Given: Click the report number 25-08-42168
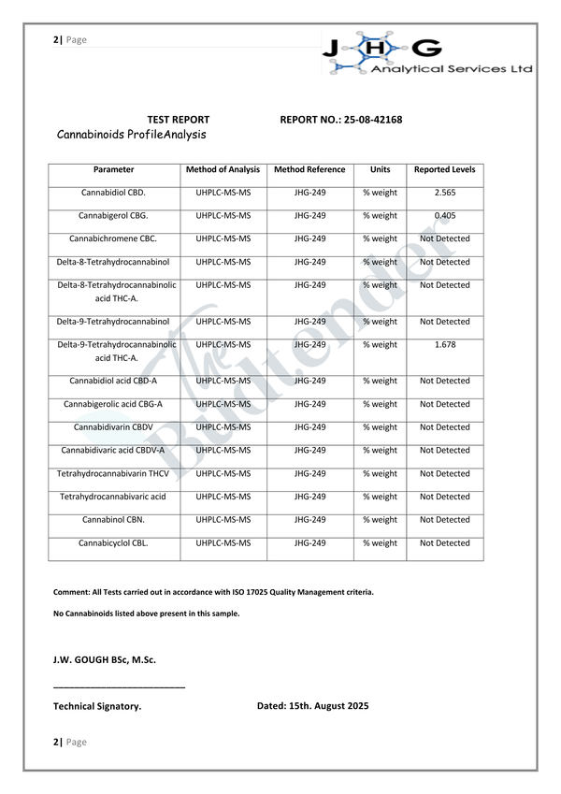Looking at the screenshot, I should (x=373, y=120).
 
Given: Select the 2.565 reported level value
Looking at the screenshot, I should (x=444, y=193).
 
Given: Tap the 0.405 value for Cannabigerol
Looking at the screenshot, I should (x=444, y=216).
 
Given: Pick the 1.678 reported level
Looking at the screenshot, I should (x=444, y=345).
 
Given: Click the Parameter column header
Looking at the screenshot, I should (x=113, y=170).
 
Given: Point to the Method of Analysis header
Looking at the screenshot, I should (x=223, y=170).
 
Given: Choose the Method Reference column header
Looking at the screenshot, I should (x=309, y=170).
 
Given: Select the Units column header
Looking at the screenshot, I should (x=380, y=170).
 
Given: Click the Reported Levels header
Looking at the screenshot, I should (x=444, y=170).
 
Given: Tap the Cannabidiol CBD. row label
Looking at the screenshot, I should (x=113, y=193).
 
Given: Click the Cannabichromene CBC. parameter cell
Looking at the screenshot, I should (x=113, y=239).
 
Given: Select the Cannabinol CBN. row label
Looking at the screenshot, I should (x=113, y=520).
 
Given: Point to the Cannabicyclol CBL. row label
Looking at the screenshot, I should (x=113, y=543).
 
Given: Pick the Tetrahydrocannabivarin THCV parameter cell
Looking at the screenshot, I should (x=113, y=474).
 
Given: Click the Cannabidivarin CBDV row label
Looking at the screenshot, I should (x=113, y=427).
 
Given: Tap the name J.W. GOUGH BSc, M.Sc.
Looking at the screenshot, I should (x=105, y=659).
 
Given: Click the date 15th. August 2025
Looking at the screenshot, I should (x=312, y=706).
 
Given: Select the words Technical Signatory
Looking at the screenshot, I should (x=97, y=707).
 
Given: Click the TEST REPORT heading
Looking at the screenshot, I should (x=179, y=120).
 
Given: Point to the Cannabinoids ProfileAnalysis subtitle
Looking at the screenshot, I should (x=132, y=136).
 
